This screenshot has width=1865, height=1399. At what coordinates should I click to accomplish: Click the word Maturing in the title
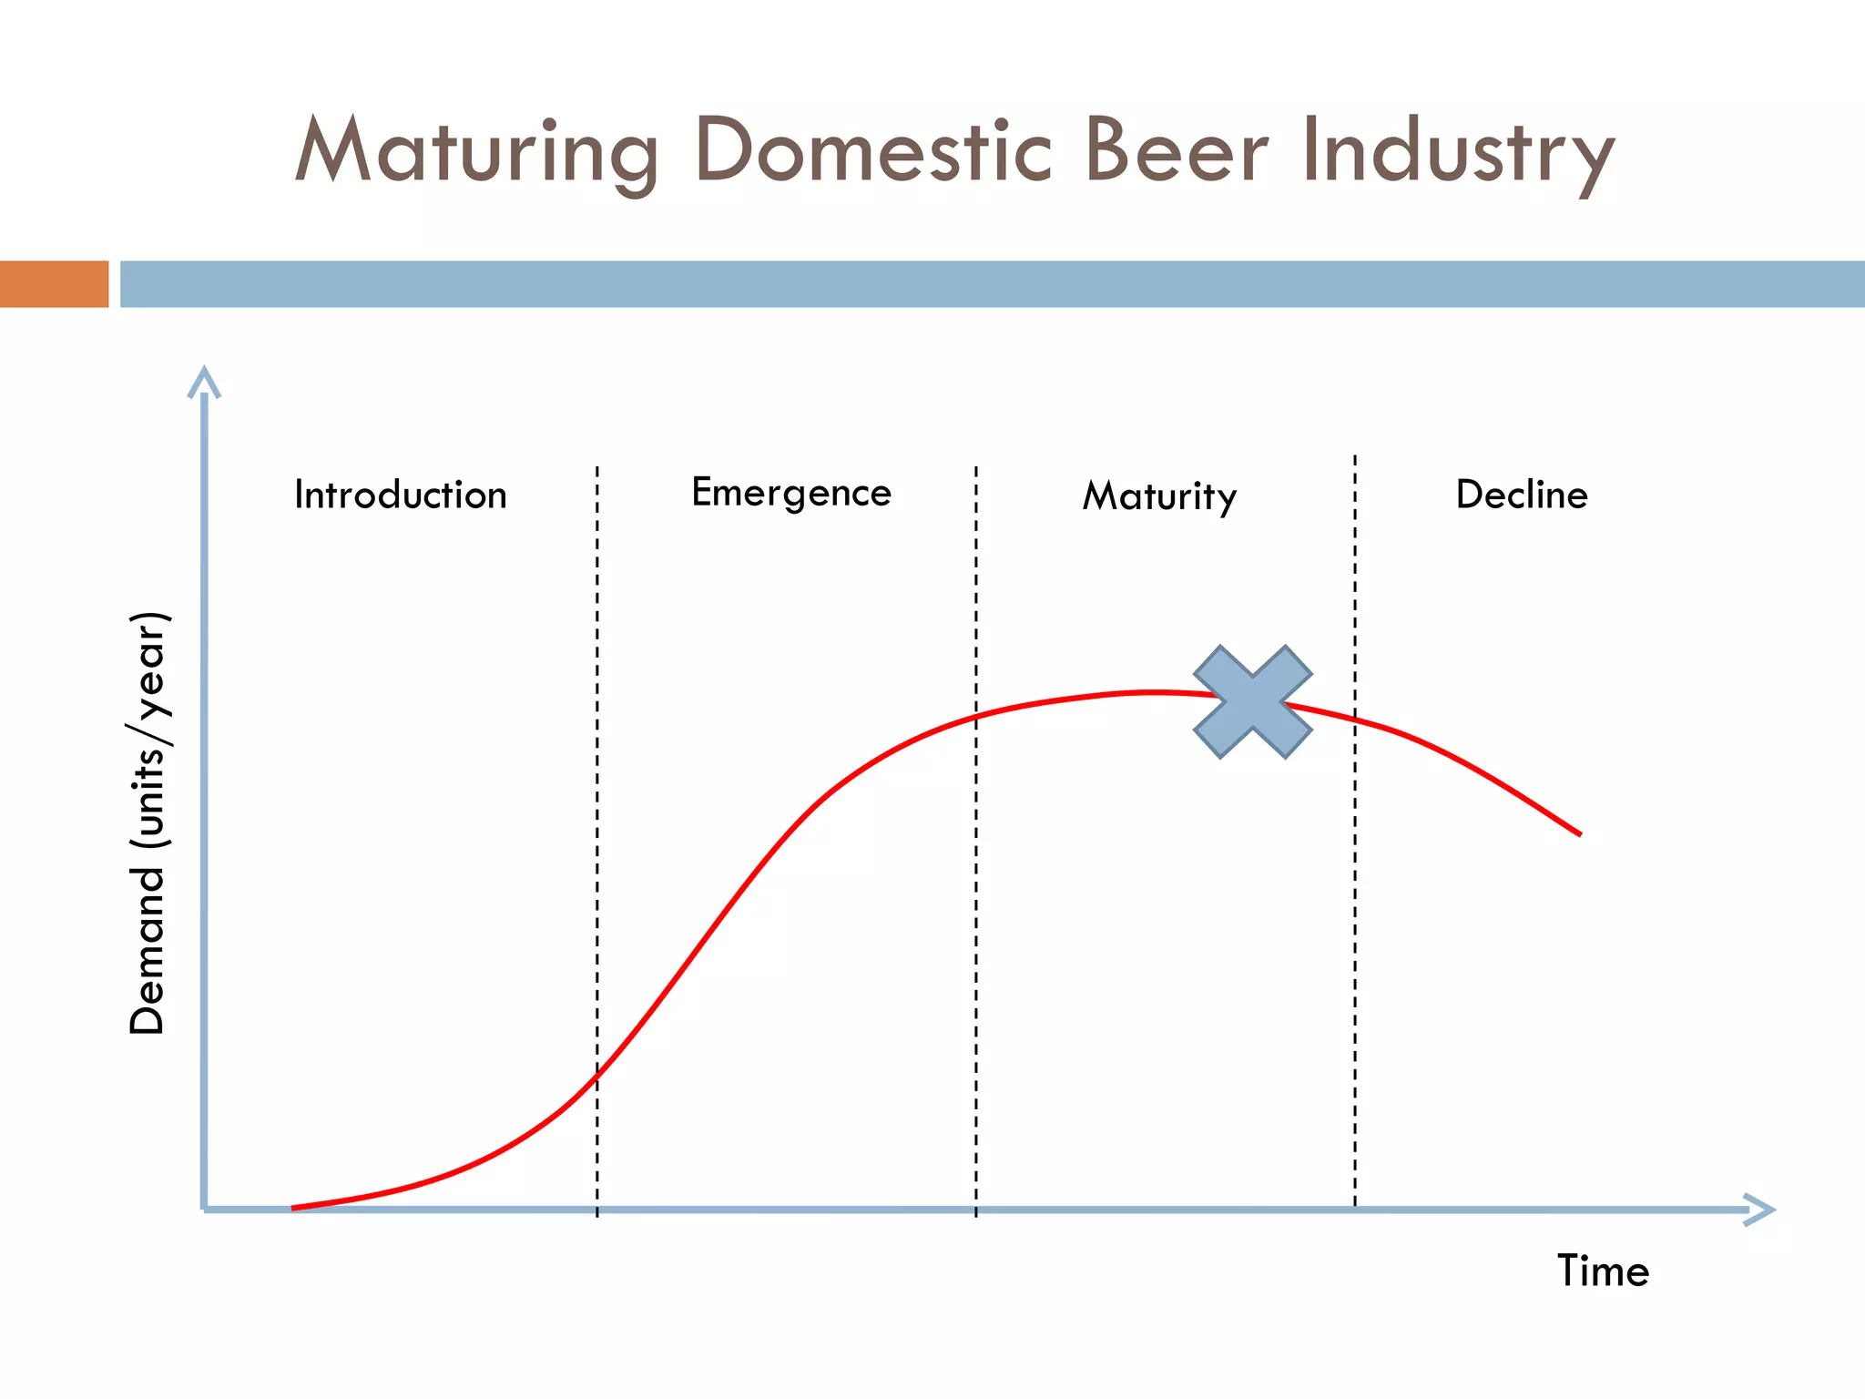pyautogui.click(x=476, y=151)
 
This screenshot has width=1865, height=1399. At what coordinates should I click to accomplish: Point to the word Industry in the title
pyautogui.click(x=1457, y=151)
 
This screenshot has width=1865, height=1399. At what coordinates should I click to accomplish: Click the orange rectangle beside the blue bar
pyautogui.click(x=54, y=284)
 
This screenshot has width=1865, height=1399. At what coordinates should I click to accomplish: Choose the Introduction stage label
pyautogui.click(x=400, y=495)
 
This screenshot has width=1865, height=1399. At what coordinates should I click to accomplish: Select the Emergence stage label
pyautogui.click(x=791, y=493)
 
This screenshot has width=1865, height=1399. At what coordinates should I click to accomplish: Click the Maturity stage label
pyautogui.click(x=1159, y=496)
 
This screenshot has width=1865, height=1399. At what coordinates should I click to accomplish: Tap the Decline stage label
pyautogui.click(x=1522, y=495)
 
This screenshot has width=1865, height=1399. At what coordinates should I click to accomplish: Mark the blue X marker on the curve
pyautogui.click(x=1252, y=701)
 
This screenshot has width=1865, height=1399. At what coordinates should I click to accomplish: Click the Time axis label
pyautogui.click(x=1603, y=1271)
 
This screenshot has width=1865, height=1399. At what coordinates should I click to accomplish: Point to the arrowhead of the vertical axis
pyautogui.click(x=204, y=381)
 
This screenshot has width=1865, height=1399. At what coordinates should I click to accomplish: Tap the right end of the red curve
pyautogui.click(x=1580, y=833)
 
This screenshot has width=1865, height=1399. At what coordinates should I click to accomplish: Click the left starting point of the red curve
pyautogui.click(x=294, y=1208)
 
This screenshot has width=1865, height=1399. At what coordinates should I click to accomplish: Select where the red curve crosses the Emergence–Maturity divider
pyautogui.click(x=976, y=717)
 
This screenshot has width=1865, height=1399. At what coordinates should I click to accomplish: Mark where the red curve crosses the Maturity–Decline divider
pyautogui.click(x=1355, y=720)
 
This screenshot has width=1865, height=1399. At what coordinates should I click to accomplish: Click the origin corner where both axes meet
pyautogui.click(x=204, y=1210)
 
